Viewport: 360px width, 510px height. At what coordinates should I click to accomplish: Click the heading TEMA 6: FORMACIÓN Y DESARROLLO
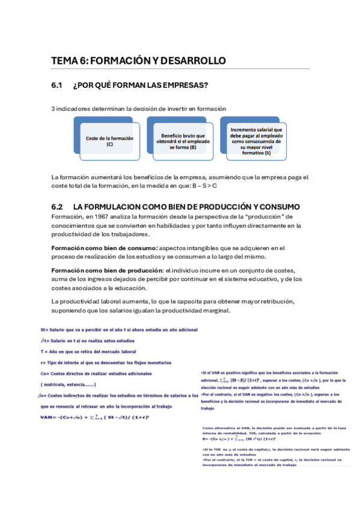[x=138, y=61]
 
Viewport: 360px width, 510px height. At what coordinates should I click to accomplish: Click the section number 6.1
[x=58, y=86]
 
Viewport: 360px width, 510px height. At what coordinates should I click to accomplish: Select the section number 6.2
[x=58, y=206]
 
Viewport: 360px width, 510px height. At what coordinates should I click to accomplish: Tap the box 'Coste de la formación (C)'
[x=109, y=141]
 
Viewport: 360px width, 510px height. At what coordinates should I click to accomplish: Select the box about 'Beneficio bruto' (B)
[x=179, y=141]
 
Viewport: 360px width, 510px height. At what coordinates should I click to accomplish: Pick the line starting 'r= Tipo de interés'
[x=105, y=362]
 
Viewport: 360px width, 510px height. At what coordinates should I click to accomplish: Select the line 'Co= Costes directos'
[x=96, y=373]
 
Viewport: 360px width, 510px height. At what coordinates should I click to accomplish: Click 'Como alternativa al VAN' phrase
[x=228, y=428]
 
